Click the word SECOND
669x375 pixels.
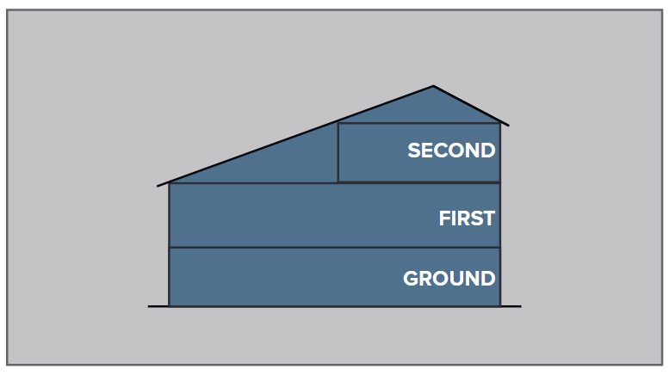[x=451, y=151]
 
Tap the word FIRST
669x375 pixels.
[x=467, y=218]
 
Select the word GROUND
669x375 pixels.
[x=449, y=279]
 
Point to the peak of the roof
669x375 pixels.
[x=433, y=86]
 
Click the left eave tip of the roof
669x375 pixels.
[x=158, y=186]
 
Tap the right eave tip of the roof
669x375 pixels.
[x=509, y=126]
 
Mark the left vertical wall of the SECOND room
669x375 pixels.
[x=338, y=152]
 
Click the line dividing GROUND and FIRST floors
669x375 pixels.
[x=334, y=247]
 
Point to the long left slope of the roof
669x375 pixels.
[x=295, y=136]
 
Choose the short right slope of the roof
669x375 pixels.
[x=471, y=106]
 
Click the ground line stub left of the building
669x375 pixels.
[x=158, y=306]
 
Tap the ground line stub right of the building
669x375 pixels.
[x=511, y=306]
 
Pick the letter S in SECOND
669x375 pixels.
[x=414, y=151]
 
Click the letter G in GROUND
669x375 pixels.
[x=411, y=279]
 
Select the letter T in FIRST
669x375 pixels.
[x=488, y=218]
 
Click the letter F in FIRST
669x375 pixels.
[x=444, y=218]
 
